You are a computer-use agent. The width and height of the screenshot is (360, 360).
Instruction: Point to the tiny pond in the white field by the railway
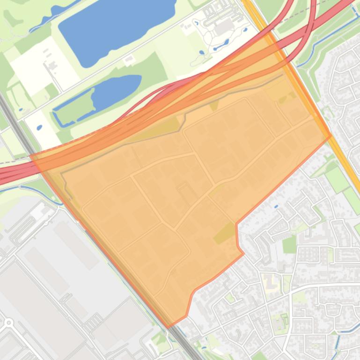[x=39, y=127]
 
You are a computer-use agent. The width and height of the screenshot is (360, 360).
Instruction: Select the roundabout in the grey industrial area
[x=8, y=322]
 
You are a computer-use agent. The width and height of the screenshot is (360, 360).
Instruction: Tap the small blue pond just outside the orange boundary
[x=276, y=206]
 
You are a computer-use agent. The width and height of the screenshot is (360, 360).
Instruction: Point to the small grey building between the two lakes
[x=129, y=58]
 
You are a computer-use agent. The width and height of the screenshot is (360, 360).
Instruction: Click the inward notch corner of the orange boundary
[x=237, y=224]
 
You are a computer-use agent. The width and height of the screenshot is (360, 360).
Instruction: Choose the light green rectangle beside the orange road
[x=337, y=180]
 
